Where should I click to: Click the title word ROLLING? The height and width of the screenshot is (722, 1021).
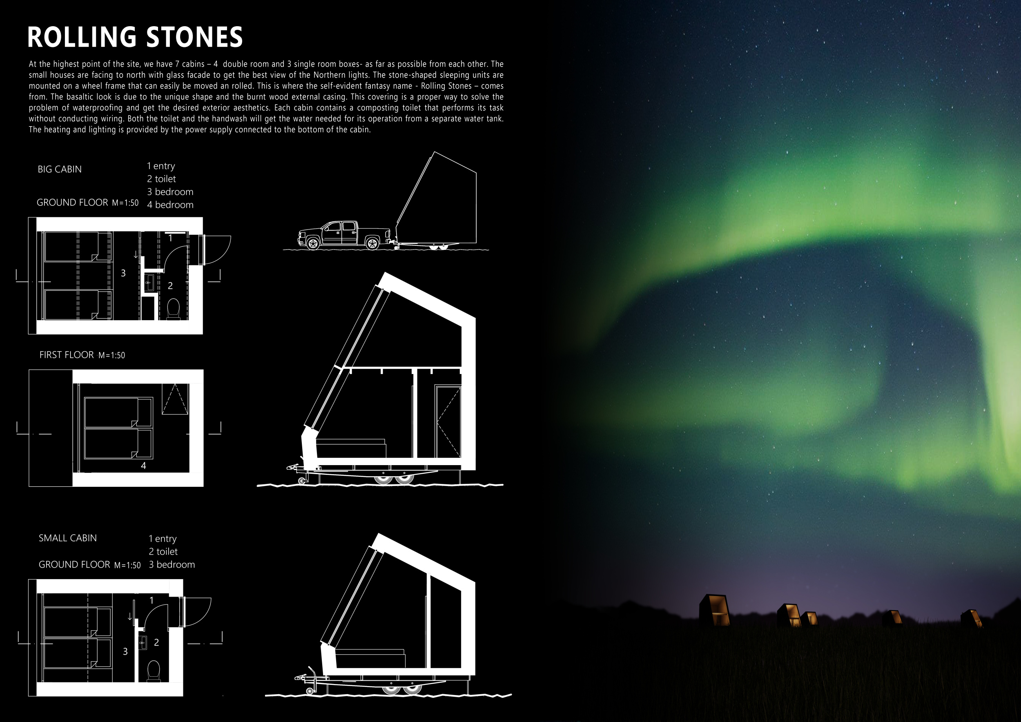click(81, 37)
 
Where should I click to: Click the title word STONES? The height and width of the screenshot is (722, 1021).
click(194, 37)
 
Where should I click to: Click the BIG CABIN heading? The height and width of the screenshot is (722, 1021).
click(60, 169)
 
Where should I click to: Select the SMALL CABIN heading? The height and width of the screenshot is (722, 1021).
click(68, 538)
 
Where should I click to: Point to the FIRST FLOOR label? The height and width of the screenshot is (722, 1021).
click(66, 355)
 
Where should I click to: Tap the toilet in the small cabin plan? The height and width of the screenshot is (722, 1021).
click(154, 671)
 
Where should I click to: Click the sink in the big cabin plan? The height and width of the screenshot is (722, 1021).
click(150, 282)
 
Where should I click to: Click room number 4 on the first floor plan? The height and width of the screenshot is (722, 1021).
click(143, 466)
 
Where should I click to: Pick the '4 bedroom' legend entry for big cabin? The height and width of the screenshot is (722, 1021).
click(170, 205)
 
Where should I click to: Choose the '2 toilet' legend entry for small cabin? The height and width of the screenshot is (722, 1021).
click(163, 552)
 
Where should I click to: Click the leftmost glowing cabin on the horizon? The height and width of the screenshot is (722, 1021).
click(715, 610)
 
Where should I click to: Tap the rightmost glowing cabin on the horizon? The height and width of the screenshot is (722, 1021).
click(971, 618)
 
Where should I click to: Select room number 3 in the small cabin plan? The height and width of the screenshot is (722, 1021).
click(125, 651)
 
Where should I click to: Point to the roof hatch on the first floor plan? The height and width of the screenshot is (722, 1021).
click(175, 399)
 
